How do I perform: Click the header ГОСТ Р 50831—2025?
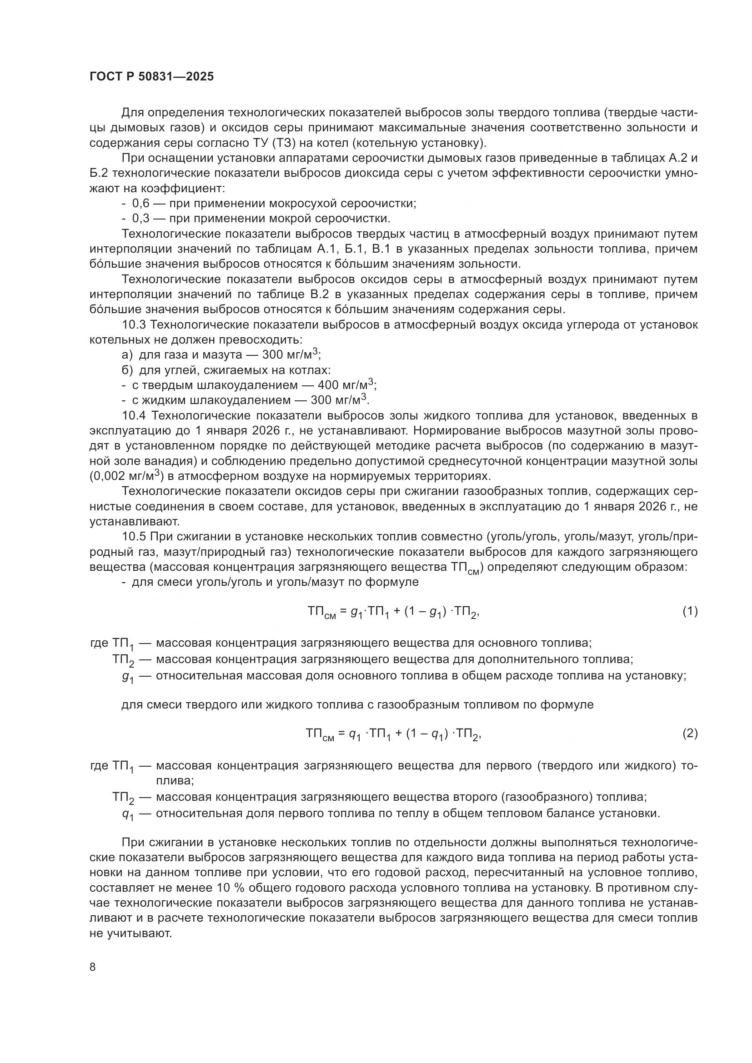tap(151, 77)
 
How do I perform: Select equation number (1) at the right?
tap(690, 612)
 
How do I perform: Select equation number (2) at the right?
tap(690, 734)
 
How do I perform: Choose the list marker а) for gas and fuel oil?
tap(127, 355)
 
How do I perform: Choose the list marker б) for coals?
tap(127, 370)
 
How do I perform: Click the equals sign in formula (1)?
tap(343, 612)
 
